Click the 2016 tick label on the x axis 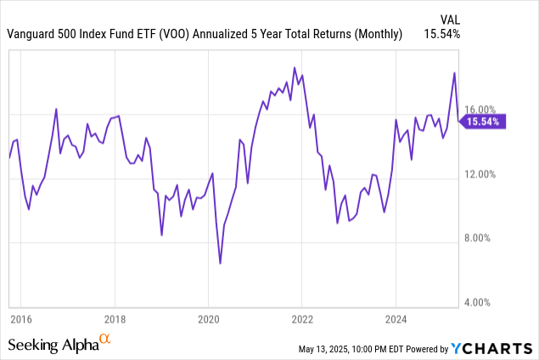point(21,319)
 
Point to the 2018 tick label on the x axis point(115,319)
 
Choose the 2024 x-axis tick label point(396,319)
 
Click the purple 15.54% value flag point(484,121)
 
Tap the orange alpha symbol point(105,340)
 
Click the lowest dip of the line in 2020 point(221,263)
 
